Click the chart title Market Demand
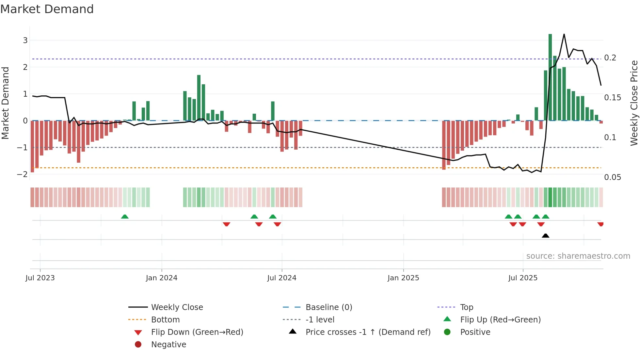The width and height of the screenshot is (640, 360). click(47, 9)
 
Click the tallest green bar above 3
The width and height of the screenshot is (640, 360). click(550, 77)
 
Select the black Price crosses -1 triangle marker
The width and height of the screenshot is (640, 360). click(545, 236)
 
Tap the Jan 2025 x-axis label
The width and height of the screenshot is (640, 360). click(403, 278)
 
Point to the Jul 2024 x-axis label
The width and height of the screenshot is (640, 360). click(281, 278)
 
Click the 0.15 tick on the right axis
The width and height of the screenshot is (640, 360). click(612, 98)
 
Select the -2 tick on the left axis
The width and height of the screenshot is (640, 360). click(22, 174)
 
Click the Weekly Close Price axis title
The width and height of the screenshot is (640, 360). click(634, 103)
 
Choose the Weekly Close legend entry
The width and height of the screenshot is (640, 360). click(177, 307)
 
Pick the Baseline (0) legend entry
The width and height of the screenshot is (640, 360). click(328, 307)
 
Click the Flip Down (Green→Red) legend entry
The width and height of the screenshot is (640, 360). click(197, 332)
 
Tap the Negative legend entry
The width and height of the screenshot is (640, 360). click(168, 345)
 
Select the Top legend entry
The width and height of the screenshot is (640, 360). click(466, 307)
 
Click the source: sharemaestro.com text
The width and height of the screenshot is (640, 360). click(578, 256)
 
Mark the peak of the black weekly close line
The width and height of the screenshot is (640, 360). click(564, 34)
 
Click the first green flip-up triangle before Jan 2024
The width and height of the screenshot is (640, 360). click(125, 217)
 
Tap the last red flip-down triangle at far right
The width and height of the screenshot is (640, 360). click(600, 224)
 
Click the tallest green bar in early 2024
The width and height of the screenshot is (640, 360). click(199, 98)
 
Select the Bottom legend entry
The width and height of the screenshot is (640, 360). click(165, 320)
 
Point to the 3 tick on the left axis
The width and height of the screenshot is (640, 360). click(25, 41)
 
